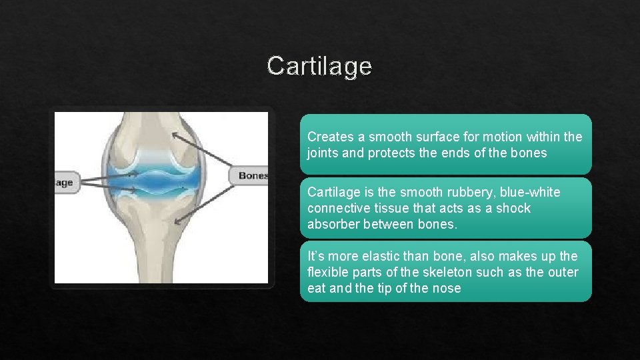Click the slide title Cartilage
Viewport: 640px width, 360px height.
319,66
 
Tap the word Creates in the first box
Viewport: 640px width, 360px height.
329,137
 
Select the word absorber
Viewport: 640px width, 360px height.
333,224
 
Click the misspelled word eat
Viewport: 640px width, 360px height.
317,288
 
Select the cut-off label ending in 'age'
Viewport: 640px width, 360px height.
65,182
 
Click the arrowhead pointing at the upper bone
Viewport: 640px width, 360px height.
174,135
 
